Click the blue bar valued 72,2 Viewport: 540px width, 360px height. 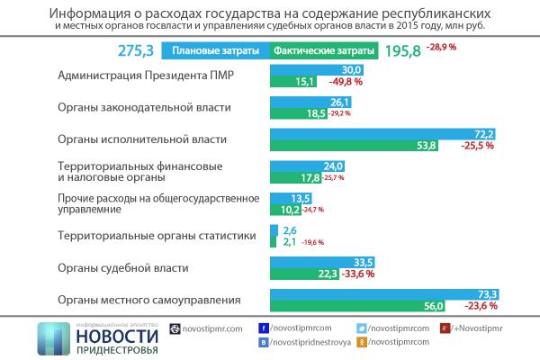[383, 133]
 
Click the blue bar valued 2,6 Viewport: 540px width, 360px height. [274, 230]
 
